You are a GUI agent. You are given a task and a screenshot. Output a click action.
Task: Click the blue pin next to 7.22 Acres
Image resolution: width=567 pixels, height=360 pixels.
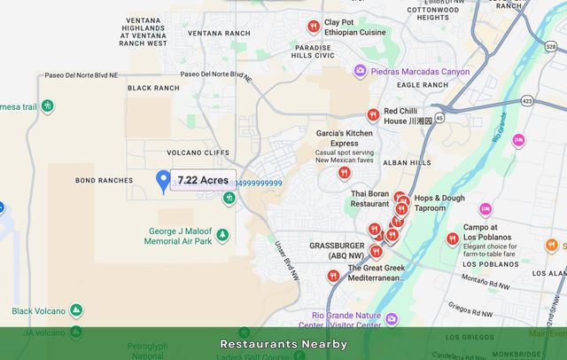[163, 181]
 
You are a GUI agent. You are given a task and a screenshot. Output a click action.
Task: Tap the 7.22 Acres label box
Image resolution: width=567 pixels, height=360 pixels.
[203, 180]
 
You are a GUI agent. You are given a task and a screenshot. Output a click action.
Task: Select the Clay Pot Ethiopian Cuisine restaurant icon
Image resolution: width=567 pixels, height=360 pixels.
[313, 27]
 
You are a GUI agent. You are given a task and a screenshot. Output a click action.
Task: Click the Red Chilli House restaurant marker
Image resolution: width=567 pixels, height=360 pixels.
[373, 115]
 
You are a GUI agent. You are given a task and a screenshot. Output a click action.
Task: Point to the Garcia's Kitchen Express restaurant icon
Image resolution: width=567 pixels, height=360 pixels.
[344, 173]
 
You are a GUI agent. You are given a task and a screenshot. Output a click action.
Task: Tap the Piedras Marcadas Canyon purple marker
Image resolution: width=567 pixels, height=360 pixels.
[360, 71]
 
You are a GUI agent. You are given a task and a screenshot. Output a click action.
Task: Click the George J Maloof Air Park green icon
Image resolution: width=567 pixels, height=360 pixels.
[222, 235]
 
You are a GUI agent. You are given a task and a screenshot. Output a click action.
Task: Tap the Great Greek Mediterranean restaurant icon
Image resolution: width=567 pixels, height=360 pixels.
[333, 276]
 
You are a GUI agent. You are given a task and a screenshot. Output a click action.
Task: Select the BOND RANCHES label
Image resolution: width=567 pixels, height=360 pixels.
[104, 180]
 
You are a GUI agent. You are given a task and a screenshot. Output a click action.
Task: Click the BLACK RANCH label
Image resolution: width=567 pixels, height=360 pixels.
[153, 88]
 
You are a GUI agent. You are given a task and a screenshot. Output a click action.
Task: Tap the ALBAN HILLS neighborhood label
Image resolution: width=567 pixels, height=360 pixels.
[407, 162]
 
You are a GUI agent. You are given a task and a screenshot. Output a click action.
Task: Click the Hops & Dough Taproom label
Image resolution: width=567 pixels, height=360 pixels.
[439, 203]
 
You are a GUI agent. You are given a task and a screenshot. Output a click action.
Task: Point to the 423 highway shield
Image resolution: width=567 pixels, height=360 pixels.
[528, 101]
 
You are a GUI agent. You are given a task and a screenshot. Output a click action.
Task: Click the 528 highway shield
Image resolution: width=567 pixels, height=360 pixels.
[549, 46]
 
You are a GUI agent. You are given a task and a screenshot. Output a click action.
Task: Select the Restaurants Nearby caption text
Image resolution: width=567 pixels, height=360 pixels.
[283, 344]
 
